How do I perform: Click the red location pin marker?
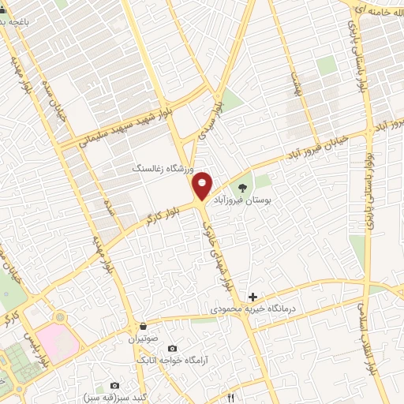coord(203,185)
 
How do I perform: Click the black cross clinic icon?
coord(252,297)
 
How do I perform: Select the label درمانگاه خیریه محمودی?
coord(252,311)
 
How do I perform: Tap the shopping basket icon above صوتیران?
coord(143,326)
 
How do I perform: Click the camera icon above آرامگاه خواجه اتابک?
coord(172,348)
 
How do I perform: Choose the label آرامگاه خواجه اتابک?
coord(172,361)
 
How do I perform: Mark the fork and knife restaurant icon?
coord(231,398)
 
